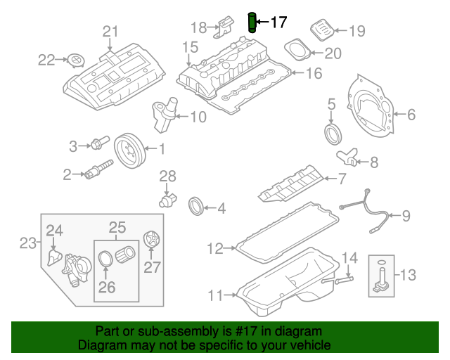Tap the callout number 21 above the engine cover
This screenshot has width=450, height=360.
[x=110, y=31]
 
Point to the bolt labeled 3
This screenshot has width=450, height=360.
[x=96, y=146]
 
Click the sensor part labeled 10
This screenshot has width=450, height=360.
[x=162, y=114]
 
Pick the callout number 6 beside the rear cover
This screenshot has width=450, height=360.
[x=412, y=113]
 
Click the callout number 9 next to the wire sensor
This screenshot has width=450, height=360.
[x=406, y=216]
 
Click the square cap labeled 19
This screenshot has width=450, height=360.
[x=320, y=31]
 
